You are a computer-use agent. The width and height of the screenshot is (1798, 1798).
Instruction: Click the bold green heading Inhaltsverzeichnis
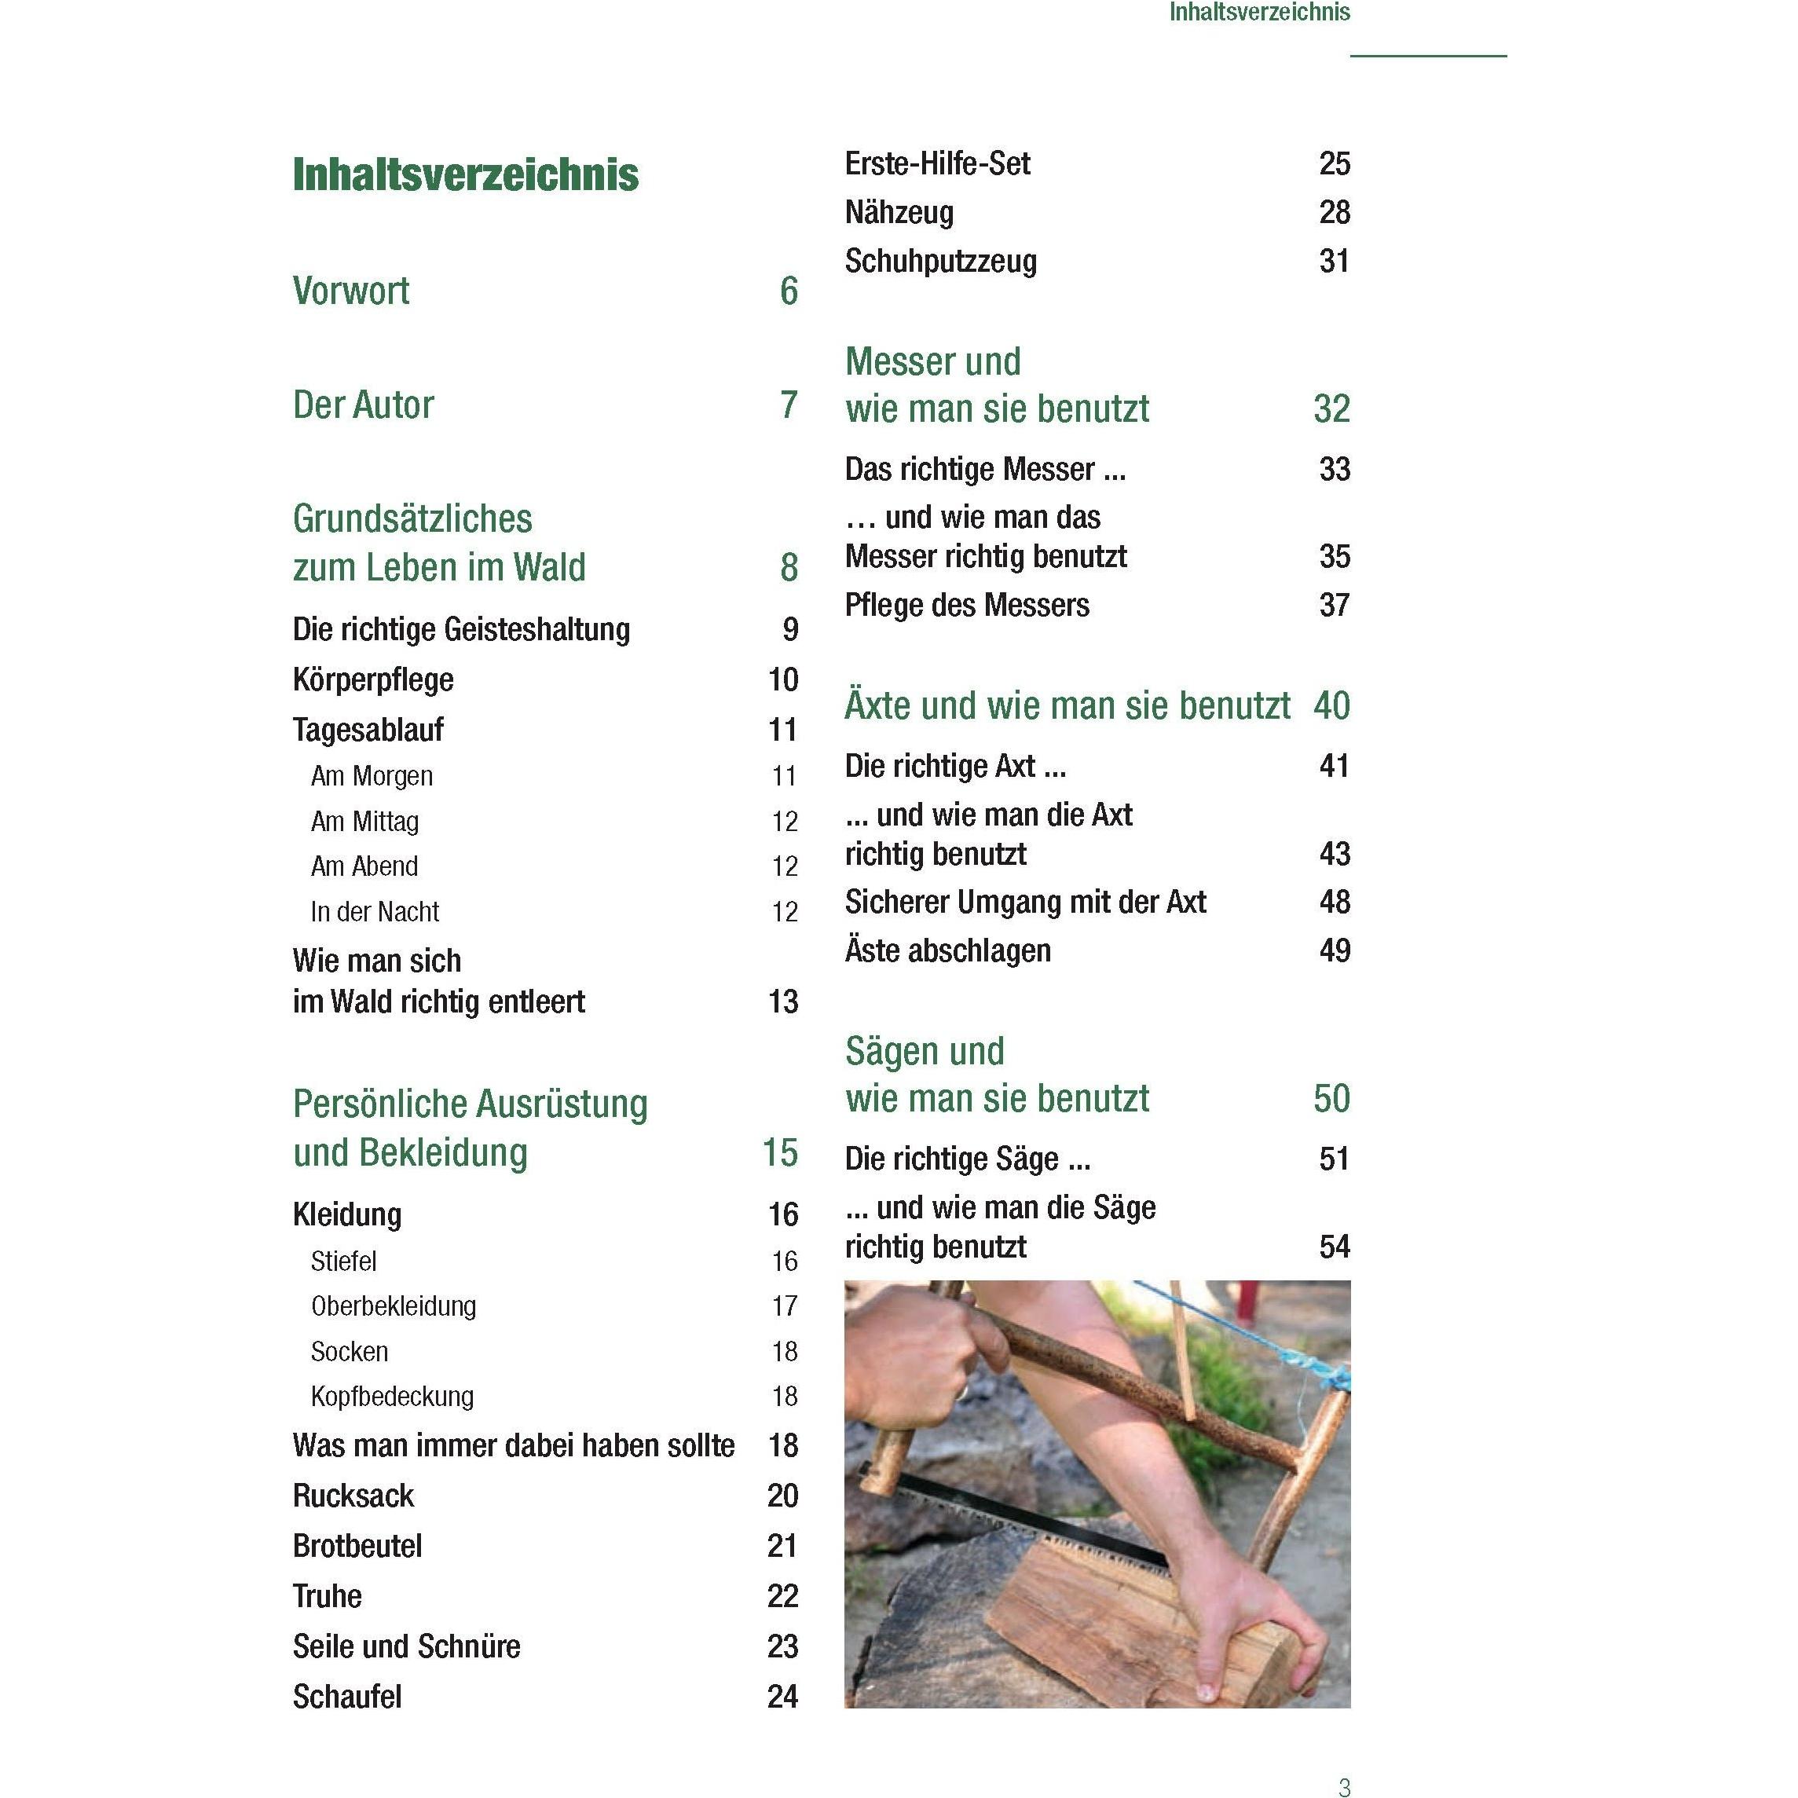(x=465, y=175)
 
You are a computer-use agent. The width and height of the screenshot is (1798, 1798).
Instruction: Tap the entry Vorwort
(x=351, y=291)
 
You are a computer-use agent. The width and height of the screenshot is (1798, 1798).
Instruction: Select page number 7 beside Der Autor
(x=789, y=405)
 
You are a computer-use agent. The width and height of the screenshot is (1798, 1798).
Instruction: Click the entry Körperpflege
(x=373, y=680)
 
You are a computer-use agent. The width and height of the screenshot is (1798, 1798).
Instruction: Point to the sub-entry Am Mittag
(x=364, y=822)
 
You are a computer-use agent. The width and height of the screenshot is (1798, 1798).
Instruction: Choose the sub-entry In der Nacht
(x=375, y=912)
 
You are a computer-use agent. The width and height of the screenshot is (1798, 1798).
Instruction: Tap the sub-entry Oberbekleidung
(x=394, y=1306)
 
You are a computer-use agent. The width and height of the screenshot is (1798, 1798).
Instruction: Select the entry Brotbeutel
(x=357, y=1547)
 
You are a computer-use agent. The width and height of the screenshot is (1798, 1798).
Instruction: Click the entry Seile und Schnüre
(x=407, y=1647)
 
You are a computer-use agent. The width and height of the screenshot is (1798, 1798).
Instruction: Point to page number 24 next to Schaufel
(x=782, y=1697)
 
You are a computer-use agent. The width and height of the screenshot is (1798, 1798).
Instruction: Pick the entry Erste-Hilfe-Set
(x=937, y=164)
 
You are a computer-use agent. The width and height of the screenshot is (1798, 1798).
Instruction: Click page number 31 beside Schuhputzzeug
(x=1335, y=262)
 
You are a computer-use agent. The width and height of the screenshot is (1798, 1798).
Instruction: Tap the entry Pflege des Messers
(x=967, y=606)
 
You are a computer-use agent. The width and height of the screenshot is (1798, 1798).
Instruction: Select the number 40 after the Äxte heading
(x=1331, y=706)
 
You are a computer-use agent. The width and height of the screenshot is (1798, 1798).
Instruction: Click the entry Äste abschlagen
(x=948, y=951)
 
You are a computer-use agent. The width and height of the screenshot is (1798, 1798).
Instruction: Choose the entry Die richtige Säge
(x=968, y=1159)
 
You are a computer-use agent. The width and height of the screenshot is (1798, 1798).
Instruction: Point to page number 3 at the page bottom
(x=1344, y=1786)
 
